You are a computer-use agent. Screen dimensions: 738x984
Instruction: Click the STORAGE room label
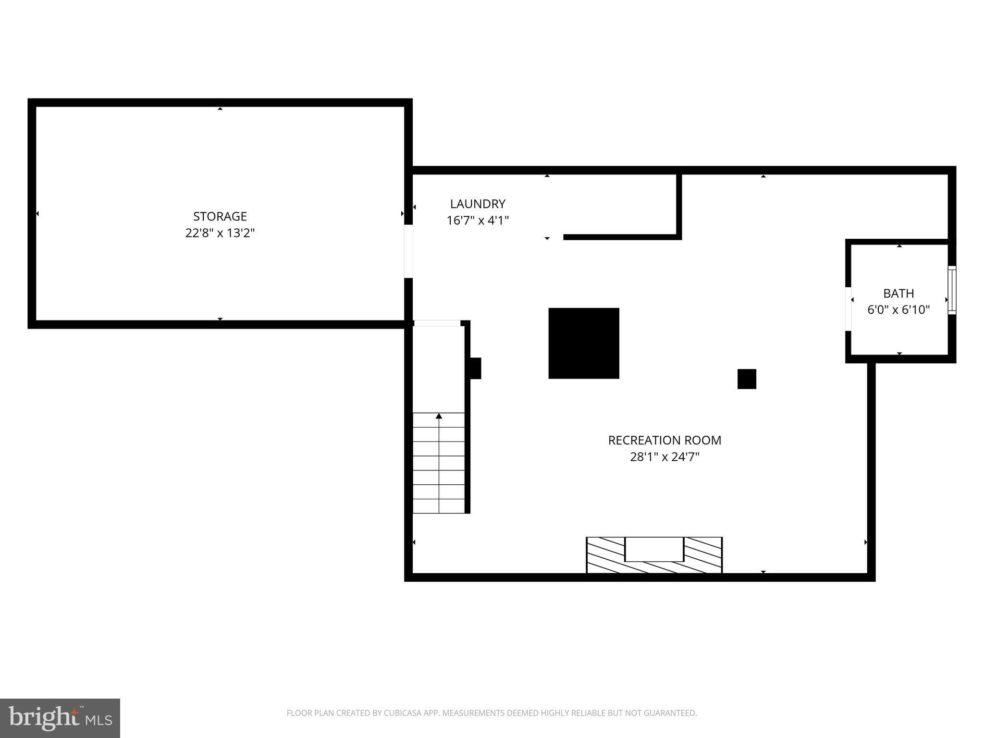pyautogui.click(x=220, y=216)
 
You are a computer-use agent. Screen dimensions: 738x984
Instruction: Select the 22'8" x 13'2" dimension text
pyautogui.click(x=220, y=233)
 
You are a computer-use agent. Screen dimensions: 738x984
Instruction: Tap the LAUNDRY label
pyautogui.click(x=478, y=204)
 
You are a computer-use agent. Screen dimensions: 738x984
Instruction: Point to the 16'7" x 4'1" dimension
pyautogui.click(x=478, y=221)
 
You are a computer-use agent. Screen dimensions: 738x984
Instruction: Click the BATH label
pyautogui.click(x=898, y=293)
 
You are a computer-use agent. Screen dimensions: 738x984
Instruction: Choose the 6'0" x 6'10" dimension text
pyautogui.click(x=898, y=310)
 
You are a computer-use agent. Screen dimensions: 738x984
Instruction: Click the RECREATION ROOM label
pyautogui.click(x=664, y=440)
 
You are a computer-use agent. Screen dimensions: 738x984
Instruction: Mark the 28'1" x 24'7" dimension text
pyautogui.click(x=664, y=457)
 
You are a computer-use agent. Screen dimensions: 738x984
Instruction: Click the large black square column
pyautogui.click(x=584, y=343)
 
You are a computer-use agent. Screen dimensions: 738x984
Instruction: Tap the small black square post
pyautogui.click(x=747, y=379)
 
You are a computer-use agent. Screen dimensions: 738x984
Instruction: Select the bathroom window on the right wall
pyautogui.click(x=951, y=290)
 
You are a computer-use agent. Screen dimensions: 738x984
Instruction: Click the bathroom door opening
pyautogui.click(x=849, y=309)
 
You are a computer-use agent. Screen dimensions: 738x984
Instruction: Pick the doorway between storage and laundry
pyautogui.click(x=408, y=251)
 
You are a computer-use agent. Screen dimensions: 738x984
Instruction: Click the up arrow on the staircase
pyautogui.click(x=439, y=416)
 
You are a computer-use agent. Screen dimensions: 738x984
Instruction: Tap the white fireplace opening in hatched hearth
pyautogui.click(x=654, y=549)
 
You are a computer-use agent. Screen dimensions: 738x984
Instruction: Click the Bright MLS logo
pyautogui.click(x=60, y=718)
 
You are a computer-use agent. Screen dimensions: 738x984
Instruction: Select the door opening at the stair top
pyautogui.click(x=437, y=323)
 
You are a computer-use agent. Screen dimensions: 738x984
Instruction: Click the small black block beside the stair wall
pyautogui.click(x=475, y=368)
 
